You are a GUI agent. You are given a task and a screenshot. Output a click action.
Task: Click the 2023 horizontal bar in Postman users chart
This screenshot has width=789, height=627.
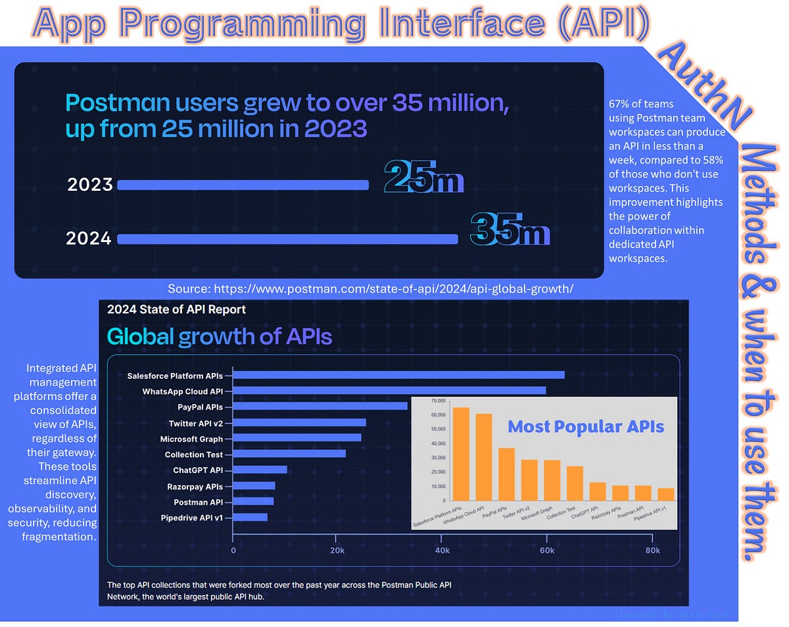[243, 185]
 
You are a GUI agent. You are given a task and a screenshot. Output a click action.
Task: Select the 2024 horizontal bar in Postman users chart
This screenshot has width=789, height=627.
[287, 239]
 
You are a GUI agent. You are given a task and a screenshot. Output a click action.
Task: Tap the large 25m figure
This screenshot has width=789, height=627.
[424, 178]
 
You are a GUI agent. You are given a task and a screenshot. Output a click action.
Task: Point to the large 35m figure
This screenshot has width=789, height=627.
[510, 230]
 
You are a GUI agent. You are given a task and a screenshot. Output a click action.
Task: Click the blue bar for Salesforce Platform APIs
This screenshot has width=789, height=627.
[398, 375]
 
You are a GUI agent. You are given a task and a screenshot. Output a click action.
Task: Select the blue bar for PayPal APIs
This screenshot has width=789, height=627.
[320, 406]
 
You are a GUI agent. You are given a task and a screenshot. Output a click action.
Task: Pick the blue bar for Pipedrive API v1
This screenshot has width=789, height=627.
[251, 517]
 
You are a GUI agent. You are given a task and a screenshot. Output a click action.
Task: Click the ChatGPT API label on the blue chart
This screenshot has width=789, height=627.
[198, 470]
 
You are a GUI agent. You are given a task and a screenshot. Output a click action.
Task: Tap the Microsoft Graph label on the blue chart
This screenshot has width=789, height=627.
[191, 438]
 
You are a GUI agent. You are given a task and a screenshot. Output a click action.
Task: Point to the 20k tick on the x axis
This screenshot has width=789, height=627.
[338, 550]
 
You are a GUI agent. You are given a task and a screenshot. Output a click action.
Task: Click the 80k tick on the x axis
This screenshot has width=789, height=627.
[652, 550]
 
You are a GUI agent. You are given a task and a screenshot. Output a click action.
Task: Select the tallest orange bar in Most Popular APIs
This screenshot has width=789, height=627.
[462, 454]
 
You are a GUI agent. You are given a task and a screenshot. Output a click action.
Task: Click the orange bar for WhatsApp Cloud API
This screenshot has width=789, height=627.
[484, 457]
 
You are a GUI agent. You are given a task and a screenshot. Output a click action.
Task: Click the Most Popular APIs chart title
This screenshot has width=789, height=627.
[586, 426]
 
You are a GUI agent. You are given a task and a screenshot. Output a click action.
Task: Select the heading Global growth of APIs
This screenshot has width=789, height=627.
[220, 337]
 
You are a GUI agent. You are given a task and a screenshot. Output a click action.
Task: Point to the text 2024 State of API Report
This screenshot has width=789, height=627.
[176, 309]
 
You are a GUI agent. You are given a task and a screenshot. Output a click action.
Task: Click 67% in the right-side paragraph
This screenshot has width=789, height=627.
[622, 103]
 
